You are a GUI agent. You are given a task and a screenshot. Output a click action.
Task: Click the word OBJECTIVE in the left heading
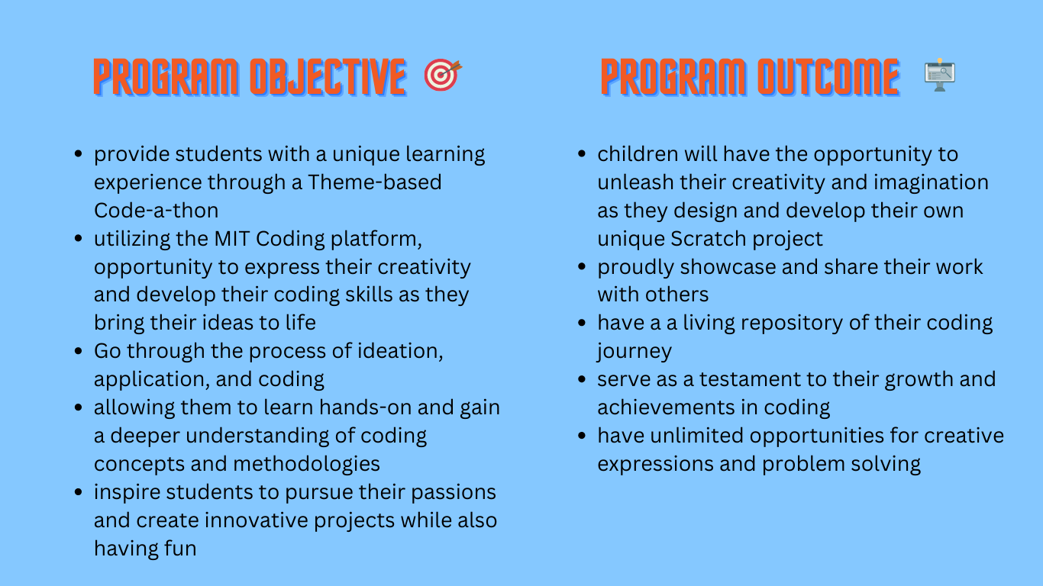pyautogui.click(x=328, y=77)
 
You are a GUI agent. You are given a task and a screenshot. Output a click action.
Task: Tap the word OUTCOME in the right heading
pyautogui.click(x=828, y=77)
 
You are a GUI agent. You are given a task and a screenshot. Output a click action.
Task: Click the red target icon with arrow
pyautogui.click(x=442, y=76)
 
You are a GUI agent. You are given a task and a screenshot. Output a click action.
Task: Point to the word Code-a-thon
pyautogui.click(x=156, y=211)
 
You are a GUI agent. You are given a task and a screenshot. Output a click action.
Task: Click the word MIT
pyautogui.click(x=229, y=239)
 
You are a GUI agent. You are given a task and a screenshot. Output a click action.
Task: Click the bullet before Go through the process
pyautogui.click(x=78, y=352)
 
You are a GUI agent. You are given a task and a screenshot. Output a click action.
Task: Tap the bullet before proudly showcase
pyautogui.click(x=582, y=267)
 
